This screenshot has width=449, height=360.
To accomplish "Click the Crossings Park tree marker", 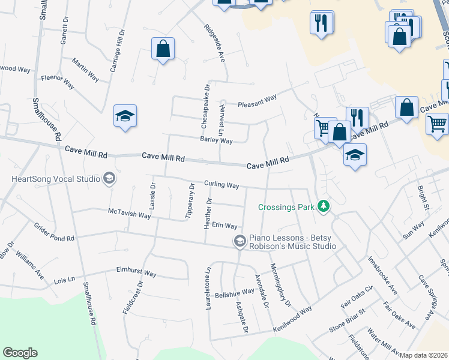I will pyautogui.click(x=324, y=207).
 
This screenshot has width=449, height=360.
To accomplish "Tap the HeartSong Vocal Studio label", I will pyautogui.click(x=55, y=178).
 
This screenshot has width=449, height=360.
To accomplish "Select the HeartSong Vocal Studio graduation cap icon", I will pyautogui.click(x=109, y=178).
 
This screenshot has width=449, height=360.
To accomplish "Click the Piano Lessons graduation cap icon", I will pyautogui.click(x=240, y=241).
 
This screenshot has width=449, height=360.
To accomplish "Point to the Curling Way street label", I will pyautogui.click(x=221, y=185).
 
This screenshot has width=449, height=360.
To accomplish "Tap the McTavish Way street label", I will pyautogui.click(x=129, y=214).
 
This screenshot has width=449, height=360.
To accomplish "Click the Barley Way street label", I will pyautogui.click(x=216, y=140).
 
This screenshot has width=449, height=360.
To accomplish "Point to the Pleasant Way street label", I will pyautogui.click(x=257, y=98).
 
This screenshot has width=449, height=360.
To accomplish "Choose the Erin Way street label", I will pyautogui.click(x=225, y=226).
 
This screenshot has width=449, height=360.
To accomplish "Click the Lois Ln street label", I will pyautogui.click(x=65, y=280).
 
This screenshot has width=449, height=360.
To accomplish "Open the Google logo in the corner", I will pyautogui.click(x=20, y=353).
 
